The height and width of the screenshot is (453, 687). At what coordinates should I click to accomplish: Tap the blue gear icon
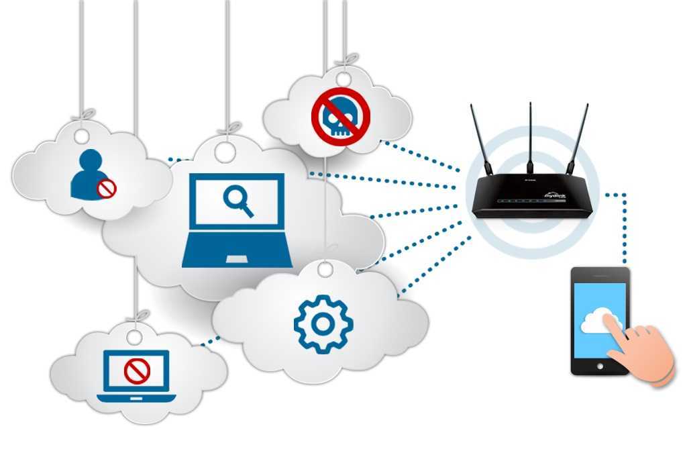[x=323, y=324]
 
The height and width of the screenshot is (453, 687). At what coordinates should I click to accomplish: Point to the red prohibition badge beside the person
[x=107, y=189]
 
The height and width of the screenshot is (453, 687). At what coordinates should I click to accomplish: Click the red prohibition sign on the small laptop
[x=138, y=370]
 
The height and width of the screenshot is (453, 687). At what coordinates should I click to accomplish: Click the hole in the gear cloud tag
[x=325, y=269]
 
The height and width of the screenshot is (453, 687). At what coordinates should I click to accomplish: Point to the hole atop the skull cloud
[x=343, y=79]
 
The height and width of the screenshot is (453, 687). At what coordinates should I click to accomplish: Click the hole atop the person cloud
[x=82, y=136]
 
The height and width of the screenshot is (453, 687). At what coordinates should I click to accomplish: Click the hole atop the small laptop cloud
[x=135, y=336]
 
